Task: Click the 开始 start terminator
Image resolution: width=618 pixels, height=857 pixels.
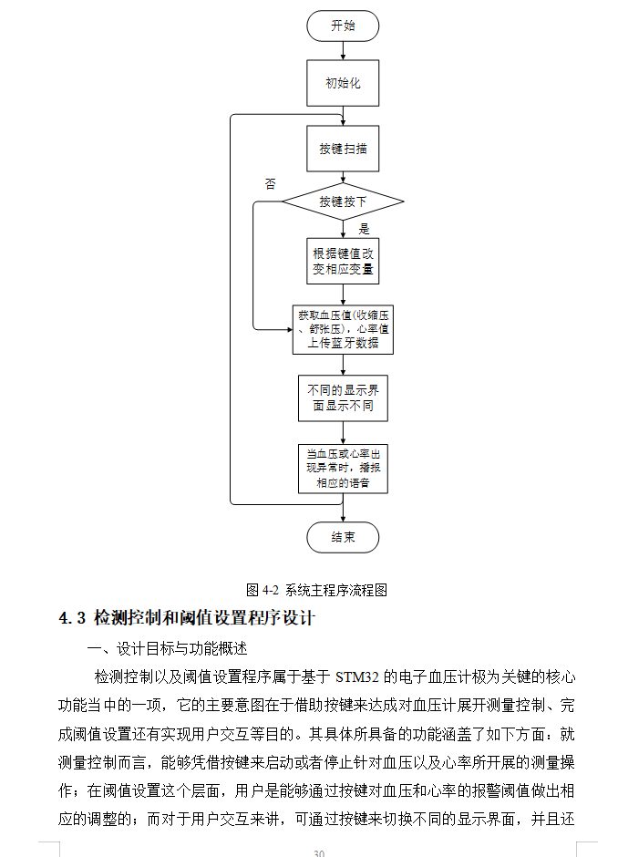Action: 343,26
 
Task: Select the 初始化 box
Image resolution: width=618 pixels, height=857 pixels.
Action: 343,84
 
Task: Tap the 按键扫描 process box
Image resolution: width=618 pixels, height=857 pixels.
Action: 343,149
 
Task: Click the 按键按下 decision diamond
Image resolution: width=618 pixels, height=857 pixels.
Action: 343,201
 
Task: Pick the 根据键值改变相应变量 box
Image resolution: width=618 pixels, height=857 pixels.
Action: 343,262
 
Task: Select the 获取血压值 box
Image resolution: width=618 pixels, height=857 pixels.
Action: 343,329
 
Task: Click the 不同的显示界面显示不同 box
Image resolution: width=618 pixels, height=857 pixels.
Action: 343,398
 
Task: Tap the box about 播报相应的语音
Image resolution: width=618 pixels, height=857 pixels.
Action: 343,468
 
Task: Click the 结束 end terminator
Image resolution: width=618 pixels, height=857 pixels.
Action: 343,537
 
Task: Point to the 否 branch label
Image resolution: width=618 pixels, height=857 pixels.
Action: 270,183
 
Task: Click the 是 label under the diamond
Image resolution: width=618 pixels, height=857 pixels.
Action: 364,229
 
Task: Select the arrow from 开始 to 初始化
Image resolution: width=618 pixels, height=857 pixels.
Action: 343,51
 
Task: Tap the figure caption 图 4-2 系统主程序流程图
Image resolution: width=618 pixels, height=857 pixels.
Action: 316,590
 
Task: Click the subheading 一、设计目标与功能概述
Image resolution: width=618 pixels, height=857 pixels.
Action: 167,649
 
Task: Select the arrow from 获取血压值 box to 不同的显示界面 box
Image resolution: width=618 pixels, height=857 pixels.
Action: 343,364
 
